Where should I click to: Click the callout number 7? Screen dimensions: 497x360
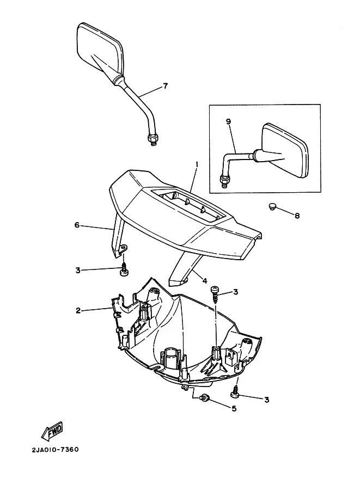165,86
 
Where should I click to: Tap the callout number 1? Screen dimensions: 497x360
197,164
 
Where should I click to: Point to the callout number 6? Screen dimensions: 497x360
77,224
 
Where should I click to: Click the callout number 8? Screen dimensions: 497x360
297,216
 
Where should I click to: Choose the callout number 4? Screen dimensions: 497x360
205,281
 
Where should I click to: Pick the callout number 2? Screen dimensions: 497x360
78,311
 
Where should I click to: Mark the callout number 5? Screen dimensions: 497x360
234,408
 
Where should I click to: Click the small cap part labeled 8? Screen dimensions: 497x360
273,206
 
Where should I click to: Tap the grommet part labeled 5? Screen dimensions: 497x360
205,397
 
